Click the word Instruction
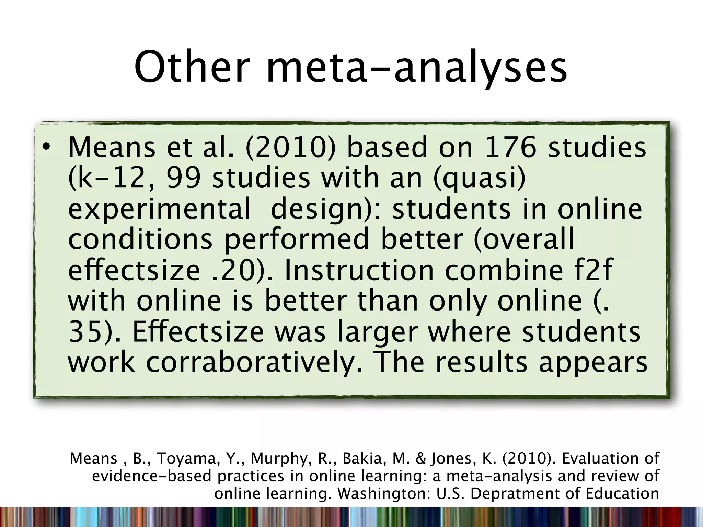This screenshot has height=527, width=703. click(359, 270)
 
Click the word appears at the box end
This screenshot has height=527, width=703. click(593, 363)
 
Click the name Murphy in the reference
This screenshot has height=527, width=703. click(279, 459)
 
